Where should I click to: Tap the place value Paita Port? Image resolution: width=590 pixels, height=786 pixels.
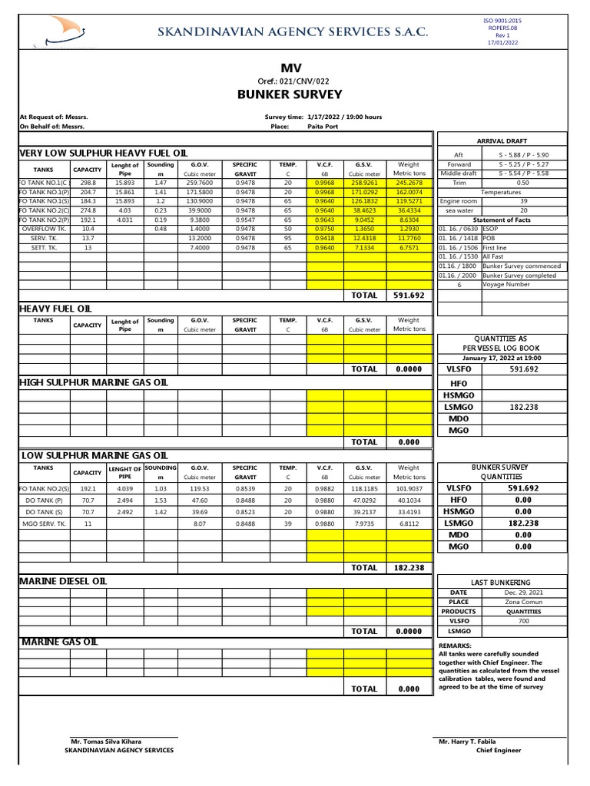point(322,127)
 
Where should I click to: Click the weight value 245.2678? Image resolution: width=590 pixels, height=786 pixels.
point(409,183)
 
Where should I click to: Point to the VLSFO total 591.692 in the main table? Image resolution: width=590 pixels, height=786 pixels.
point(409,295)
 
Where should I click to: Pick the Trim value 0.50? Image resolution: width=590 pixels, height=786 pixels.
point(522,183)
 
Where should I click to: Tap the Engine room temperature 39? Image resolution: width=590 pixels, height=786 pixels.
point(522,200)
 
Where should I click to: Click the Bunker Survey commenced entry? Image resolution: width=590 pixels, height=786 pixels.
point(522,266)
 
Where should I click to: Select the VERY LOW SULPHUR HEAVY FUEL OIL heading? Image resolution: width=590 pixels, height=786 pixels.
point(102,154)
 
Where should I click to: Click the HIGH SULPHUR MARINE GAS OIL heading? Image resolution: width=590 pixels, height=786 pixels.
point(93,382)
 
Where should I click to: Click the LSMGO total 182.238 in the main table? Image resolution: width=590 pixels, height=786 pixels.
point(409,568)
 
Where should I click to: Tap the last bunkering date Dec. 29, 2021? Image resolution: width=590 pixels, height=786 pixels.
point(522,593)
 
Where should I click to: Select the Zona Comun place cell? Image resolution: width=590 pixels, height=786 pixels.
point(522,602)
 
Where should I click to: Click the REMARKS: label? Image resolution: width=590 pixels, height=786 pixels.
point(455,646)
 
